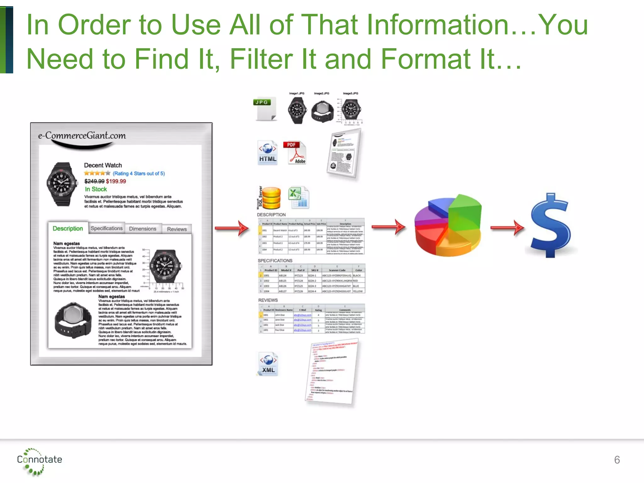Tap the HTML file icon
[x=268, y=153]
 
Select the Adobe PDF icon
[x=296, y=153]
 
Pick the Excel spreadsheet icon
[x=298, y=197]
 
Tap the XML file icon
[x=268, y=364]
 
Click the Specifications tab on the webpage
[x=107, y=228]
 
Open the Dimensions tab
[x=142, y=229]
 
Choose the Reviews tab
[x=177, y=229]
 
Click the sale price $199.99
[x=116, y=181]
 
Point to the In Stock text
[x=96, y=189]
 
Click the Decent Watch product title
[x=103, y=165]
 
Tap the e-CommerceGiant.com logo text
[x=82, y=136]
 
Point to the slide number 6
[x=617, y=460]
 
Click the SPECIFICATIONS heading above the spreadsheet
[x=275, y=261]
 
